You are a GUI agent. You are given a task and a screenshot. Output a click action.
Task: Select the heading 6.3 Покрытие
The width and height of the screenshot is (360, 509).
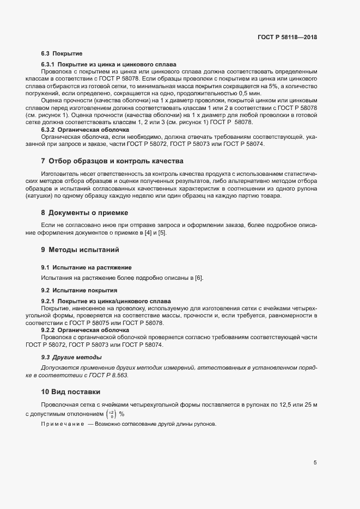pos(62,54)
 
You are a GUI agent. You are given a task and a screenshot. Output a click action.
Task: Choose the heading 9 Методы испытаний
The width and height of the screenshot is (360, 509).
pos(80,250)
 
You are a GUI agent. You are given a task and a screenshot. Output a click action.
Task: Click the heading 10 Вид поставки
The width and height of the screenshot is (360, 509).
pos(71,391)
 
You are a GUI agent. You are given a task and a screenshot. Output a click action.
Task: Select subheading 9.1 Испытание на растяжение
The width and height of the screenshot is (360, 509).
pos(86,267)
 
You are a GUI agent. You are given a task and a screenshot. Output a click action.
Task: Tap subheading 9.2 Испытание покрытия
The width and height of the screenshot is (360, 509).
pos(79,290)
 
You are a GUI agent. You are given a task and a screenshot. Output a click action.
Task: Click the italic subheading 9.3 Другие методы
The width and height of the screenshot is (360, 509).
pos(71,357)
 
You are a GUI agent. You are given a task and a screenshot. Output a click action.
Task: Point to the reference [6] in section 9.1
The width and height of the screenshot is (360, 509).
pos(199,278)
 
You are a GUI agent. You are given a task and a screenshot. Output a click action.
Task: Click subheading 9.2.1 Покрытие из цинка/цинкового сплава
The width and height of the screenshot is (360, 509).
pos(106,301)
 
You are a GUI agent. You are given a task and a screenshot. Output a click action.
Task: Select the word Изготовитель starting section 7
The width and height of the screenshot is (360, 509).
pos(59,175)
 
